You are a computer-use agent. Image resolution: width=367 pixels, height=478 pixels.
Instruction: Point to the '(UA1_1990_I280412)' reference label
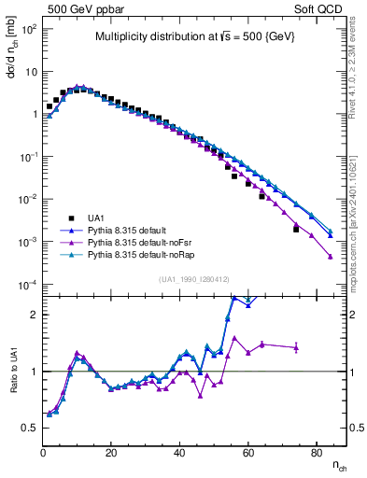[194, 279]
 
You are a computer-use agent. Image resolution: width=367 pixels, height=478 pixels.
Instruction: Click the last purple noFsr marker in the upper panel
[331, 257]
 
